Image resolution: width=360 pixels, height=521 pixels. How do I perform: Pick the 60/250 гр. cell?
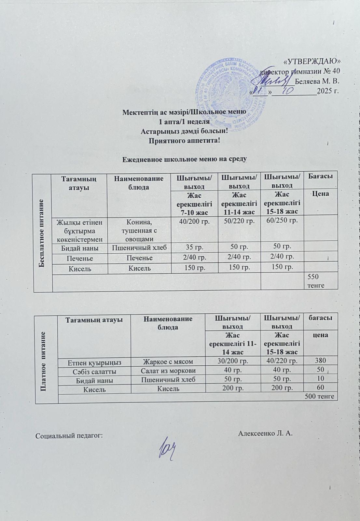(282, 221)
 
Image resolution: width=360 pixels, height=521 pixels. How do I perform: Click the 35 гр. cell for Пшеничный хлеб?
(194, 247)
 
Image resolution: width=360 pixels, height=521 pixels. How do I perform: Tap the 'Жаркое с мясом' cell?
(168, 361)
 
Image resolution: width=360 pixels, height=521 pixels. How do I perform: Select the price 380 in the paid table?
(320, 360)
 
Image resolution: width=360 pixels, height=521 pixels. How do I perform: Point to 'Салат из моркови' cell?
(168, 370)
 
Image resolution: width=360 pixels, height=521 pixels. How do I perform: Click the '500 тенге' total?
(319, 396)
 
